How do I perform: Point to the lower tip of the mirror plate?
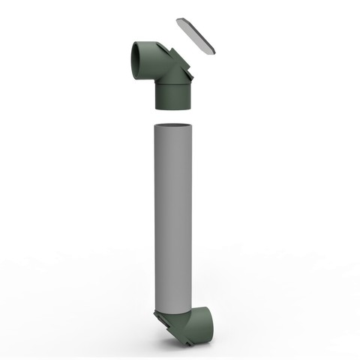coord(217,52)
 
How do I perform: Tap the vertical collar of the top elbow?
coord(172,95)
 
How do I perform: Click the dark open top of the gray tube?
coord(174,124)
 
